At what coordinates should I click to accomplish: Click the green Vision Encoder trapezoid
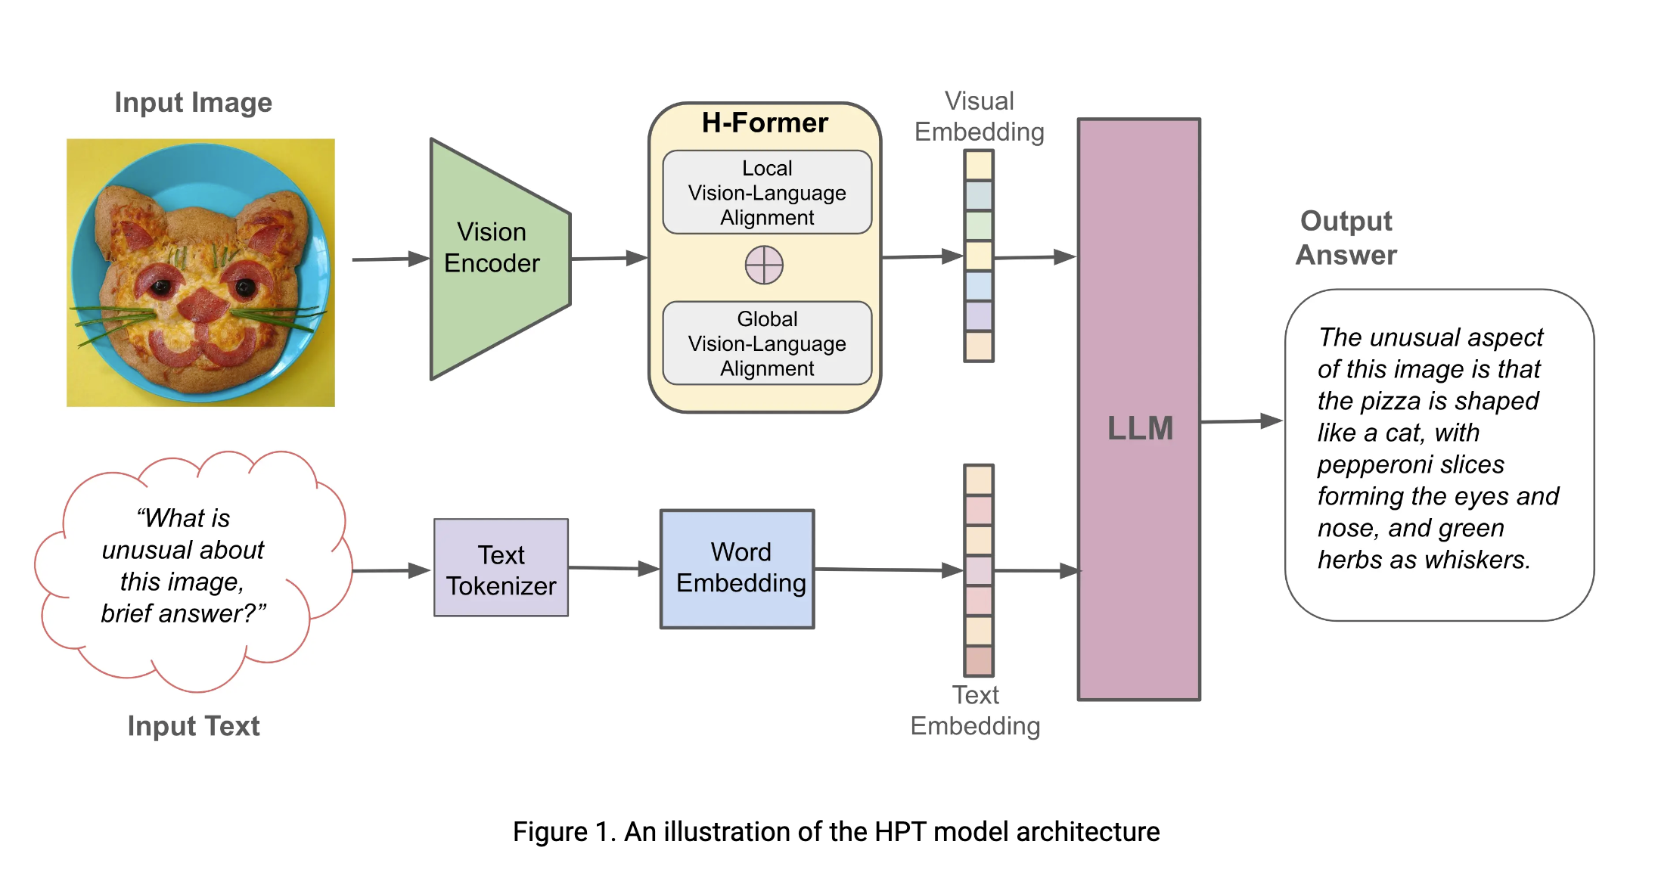point(495,257)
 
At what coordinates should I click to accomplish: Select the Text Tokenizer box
point(501,569)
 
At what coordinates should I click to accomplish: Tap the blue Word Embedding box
point(737,569)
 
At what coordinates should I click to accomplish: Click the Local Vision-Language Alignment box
point(767,192)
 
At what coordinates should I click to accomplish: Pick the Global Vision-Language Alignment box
point(767,343)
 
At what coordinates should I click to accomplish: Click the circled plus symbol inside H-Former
point(764,265)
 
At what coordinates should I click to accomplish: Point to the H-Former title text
point(764,123)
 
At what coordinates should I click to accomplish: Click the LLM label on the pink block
point(1140,428)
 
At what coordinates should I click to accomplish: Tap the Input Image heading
point(193,102)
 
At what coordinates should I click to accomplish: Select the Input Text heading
point(193,725)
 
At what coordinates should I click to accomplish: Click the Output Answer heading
point(1346,237)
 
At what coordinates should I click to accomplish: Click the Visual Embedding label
point(979,116)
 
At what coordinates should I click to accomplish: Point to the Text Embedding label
point(975,710)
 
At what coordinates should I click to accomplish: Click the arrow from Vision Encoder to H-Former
point(609,259)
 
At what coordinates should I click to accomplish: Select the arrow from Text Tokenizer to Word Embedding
point(613,568)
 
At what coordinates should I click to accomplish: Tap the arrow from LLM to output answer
point(1240,421)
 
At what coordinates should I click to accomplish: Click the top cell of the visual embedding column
point(978,165)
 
